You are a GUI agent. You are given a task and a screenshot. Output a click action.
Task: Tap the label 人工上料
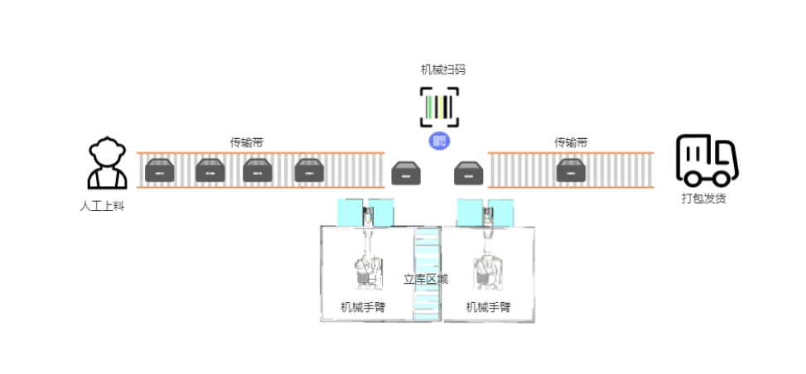pos(102,206)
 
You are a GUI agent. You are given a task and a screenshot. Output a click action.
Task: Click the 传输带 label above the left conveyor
pos(247,142)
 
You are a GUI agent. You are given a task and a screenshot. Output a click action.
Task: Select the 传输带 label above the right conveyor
pos(571,142)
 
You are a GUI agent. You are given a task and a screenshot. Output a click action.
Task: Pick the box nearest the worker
pos(159,171)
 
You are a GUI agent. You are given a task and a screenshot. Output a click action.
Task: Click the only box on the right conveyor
pos(572,171)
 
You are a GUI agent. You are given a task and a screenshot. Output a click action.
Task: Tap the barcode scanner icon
pos(439,108)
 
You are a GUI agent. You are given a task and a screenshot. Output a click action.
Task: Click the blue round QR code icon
pos(439,141)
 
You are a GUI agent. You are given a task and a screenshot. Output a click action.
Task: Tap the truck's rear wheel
pos(693,177)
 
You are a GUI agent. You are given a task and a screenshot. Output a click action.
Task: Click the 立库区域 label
pos(426,279)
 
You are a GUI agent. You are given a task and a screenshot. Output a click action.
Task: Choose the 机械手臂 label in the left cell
pos(363,307)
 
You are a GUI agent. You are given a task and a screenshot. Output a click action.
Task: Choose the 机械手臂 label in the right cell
pos(488,307)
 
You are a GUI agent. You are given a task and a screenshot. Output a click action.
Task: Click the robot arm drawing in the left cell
pos(367,265)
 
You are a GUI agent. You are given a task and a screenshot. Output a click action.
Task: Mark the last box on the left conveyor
pos(308,171)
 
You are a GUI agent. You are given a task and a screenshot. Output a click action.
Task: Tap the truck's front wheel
pos(722,177)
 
